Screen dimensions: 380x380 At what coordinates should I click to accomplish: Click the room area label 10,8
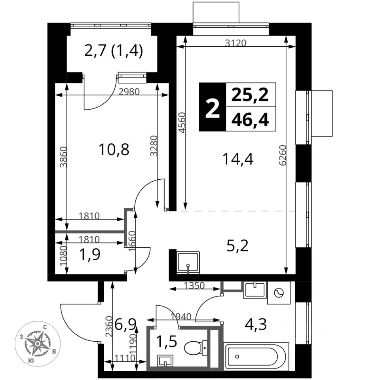tap(114, 150)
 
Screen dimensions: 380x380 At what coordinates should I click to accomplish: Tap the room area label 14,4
tap(237, 159)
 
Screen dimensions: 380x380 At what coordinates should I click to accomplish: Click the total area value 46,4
tap(250, 119)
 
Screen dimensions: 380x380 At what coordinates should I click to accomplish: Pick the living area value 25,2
tap(250, 95)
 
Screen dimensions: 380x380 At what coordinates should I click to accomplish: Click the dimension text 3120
tap(236, 44)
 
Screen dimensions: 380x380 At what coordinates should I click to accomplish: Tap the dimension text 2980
tap(129, 92)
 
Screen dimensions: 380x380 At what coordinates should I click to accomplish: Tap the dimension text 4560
tap(181, 124)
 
